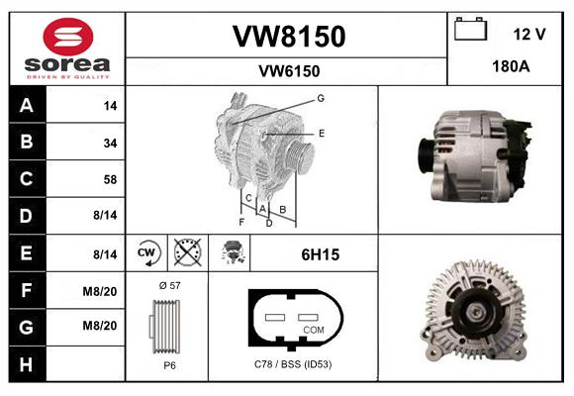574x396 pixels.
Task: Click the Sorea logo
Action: tap(68, 49)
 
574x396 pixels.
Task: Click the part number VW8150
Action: tap(288, 37)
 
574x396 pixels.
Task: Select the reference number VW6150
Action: tap(288, 71)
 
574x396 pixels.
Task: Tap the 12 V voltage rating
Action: tap(529, 35)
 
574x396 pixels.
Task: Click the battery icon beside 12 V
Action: tap(470, 31)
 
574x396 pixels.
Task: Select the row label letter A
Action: tap(26, 105)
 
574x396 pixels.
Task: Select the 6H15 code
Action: tap(320, 254)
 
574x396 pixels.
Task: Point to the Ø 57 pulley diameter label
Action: tap(167, 285)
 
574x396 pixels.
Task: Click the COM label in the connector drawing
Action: tap(314, 329)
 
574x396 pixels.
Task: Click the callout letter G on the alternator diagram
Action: tap(321, 98)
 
